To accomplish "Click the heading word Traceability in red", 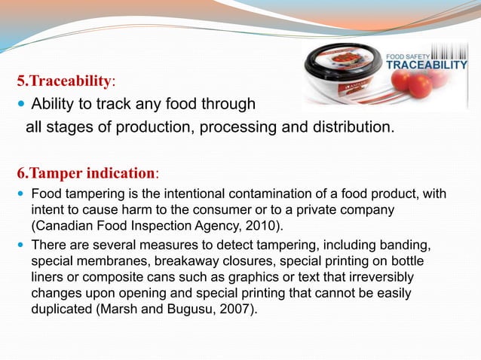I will (72, 80).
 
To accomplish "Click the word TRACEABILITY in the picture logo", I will (427, 65).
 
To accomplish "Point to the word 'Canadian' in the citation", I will (63, 225).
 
